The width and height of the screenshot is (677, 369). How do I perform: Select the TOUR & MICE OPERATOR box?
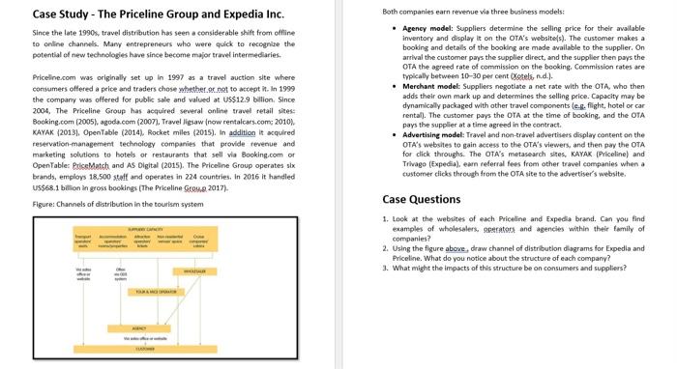coord(155,292)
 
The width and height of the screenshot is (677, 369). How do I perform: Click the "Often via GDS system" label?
coord(121,273)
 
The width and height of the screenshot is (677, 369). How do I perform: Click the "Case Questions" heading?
coord(421,200)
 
